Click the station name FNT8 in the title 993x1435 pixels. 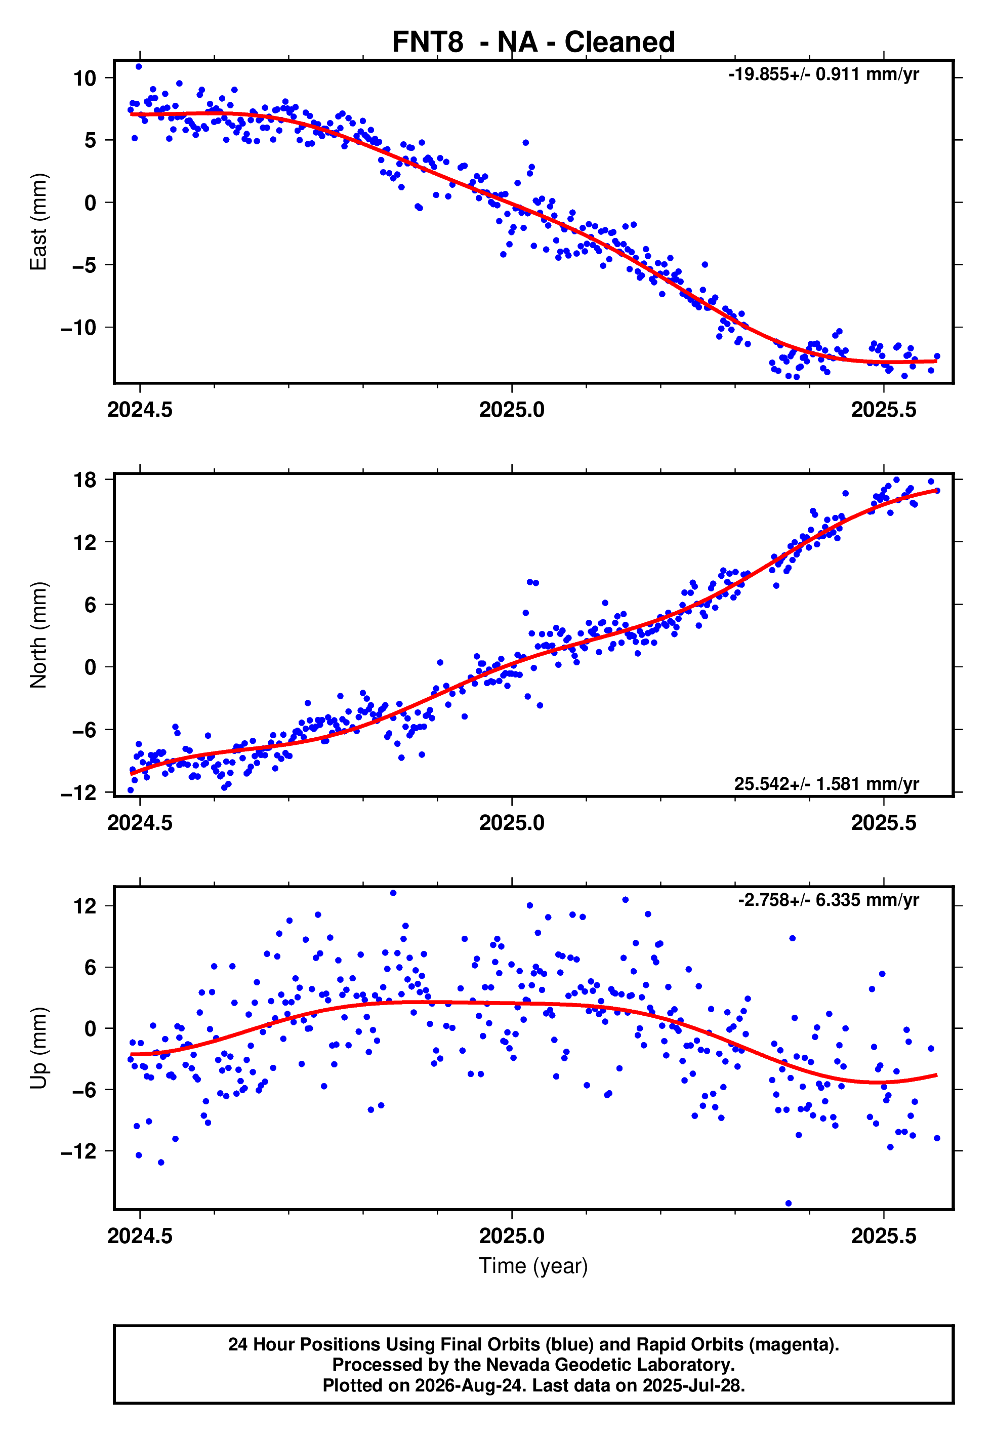tap(428, 43)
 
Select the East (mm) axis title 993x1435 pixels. tap(38, 222)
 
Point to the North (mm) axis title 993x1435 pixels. tap(38, 635)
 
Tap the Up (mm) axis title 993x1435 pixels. tap(38, 1048)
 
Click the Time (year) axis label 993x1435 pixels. tap(533, 1266)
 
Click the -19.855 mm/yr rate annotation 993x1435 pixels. tap(824, 74)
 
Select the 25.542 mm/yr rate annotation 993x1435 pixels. tap(826, 783)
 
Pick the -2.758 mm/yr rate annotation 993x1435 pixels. tap(829, 900)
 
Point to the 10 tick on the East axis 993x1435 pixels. tap(85, 78)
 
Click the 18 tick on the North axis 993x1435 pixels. tap(85, 480)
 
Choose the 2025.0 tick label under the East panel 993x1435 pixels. tap(512, 410)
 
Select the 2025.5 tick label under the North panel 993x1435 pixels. tap(884, 823)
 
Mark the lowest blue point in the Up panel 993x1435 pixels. tap(789, 1204)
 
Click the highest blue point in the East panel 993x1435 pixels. tap(139, 66)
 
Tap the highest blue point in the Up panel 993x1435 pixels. tap(393, 893)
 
